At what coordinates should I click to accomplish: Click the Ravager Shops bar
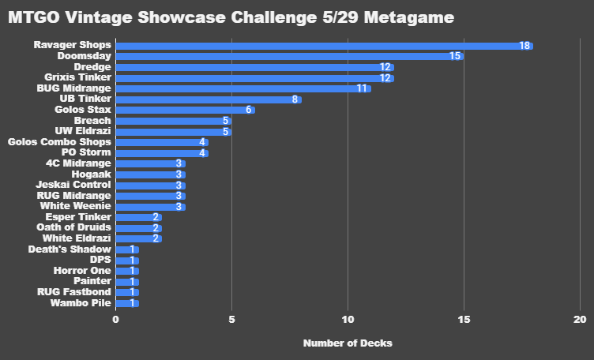[x=324, y=46]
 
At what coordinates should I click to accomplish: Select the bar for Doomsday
[x=289, y=56]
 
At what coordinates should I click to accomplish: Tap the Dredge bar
[x=254, y=67]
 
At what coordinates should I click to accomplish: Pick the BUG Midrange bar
[x=243, y=88]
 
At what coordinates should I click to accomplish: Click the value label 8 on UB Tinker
[x=295, y=99]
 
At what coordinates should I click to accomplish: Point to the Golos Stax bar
[x=185, y=110]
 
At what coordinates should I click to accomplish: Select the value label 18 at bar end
[x=524, y=46]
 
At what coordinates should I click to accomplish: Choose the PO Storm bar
[x=162, y=152]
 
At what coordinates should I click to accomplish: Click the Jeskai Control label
[x=75, y=185]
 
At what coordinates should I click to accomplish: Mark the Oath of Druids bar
[x=139, y=227]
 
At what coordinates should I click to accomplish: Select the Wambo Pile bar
[x=127, y=302]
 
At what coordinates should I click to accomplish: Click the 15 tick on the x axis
[x=464, y=319]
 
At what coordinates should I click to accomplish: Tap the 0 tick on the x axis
[x=116, y=319]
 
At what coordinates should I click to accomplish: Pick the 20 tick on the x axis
[x=580, y=319]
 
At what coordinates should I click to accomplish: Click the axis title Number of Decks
[x=348, y=343]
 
